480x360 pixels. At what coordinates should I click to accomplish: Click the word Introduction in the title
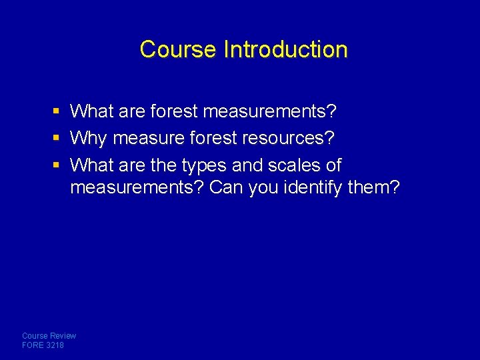click(x=286, y=49)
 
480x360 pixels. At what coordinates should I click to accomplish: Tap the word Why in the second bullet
click(x=89, y=139)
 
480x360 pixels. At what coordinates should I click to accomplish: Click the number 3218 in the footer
click(x=55, y=345)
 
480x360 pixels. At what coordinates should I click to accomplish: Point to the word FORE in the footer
click(x=33, y=345)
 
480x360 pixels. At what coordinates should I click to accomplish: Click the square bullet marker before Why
click(x=58, y=139)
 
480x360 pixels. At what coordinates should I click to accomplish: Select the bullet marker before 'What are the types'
click(x=58, y=165)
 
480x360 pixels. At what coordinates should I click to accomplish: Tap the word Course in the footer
click(x=34, y=336)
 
